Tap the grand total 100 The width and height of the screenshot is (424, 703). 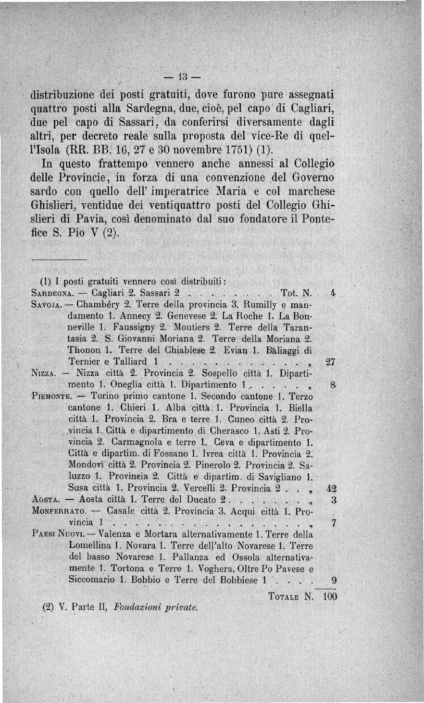point(330,596)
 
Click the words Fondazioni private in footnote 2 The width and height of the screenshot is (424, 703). point(156,607)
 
